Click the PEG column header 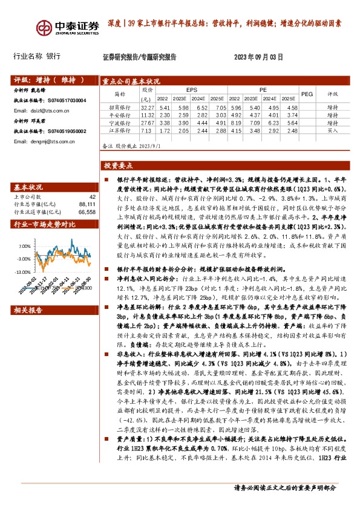(x=307, y=94)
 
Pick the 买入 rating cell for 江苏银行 (x=333, y=131)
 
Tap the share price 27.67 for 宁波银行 (x=147, y=123)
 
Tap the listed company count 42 (x=92, y=197)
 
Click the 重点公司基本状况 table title (x=131, y=81)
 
